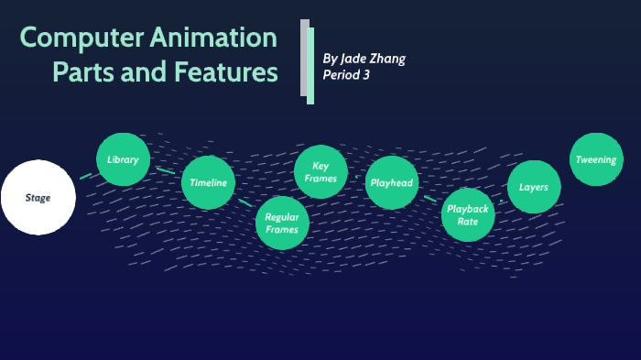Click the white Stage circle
38,197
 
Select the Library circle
123,159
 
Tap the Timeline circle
209,182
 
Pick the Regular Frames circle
282,223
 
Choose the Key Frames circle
320,172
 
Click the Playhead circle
393,182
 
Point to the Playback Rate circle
468,214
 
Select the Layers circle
534,187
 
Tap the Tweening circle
596,159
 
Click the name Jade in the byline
355,59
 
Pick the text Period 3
346,75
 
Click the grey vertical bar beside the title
304,57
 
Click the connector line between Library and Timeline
166,170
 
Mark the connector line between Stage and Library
86,175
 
